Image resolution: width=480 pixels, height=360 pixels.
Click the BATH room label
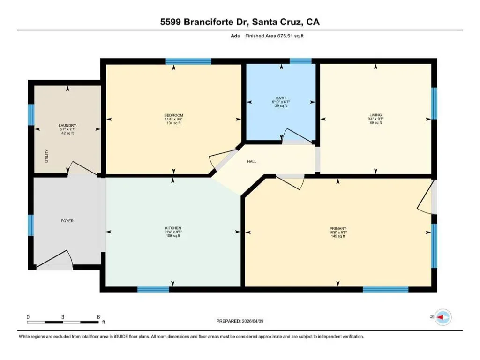281,98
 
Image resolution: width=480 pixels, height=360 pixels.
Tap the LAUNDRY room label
67,125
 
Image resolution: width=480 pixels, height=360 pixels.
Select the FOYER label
67,221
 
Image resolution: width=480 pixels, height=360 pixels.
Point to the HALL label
252,161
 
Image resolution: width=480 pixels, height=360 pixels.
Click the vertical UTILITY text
47,156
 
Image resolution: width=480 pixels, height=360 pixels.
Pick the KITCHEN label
173,228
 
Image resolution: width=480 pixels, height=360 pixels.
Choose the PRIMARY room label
338,228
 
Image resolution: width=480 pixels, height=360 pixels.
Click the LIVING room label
375,115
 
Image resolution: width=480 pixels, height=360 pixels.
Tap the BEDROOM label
173,115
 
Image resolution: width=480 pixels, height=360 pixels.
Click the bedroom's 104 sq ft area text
173,123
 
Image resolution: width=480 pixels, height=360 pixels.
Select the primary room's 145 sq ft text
338,236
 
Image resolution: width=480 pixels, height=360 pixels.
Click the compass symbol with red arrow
443,317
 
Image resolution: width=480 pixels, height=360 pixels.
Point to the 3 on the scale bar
63,317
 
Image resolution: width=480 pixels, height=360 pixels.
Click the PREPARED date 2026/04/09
253,321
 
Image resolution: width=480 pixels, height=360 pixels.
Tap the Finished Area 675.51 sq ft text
274,36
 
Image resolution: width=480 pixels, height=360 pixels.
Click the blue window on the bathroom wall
300,61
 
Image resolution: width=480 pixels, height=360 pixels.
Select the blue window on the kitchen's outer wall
153,289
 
